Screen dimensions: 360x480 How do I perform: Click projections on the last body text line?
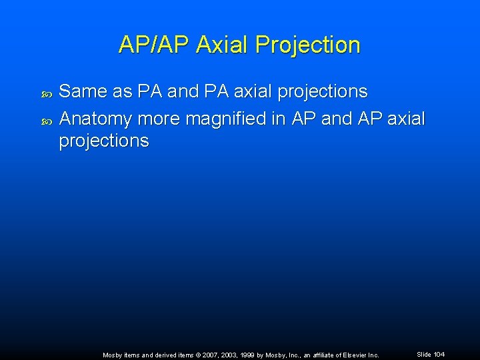[x=104, y=141]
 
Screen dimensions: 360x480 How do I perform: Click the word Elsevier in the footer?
[x=352, y=355]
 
